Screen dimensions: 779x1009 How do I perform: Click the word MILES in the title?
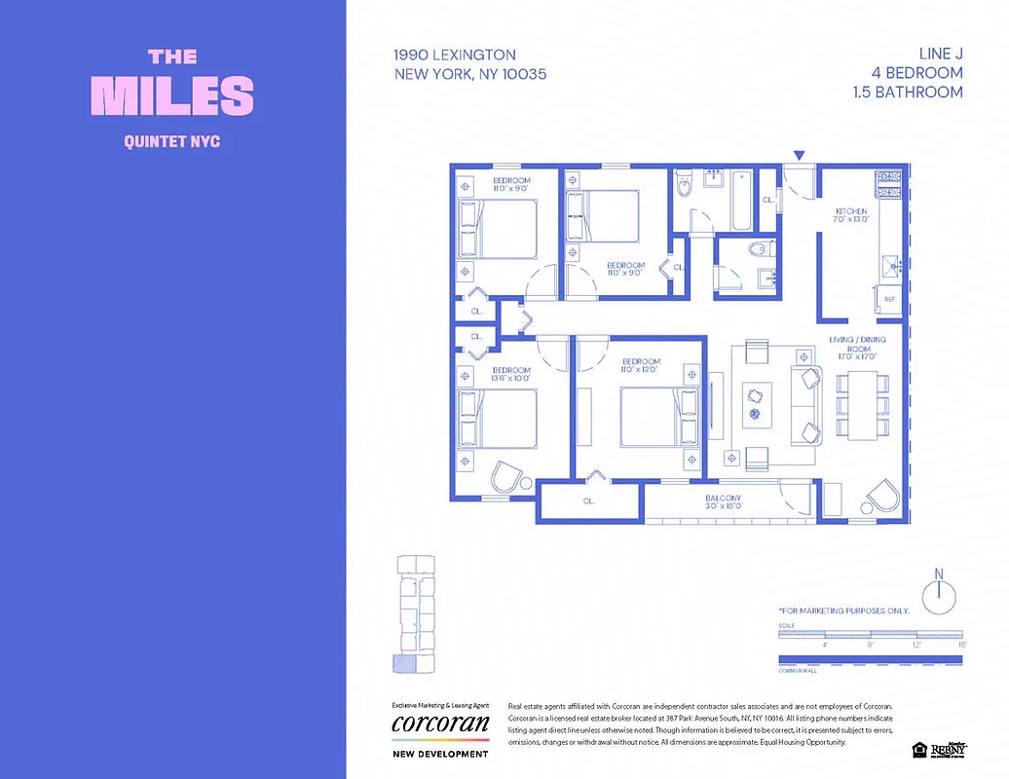[172, 94]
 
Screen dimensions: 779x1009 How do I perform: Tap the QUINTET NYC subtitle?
[172, 141]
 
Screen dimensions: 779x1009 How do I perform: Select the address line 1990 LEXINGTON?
[455, 56]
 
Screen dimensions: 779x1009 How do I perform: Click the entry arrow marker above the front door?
[800, 156]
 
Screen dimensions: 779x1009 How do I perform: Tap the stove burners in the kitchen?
[891, 181]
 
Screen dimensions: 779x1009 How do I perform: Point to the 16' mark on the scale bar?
[961, 645]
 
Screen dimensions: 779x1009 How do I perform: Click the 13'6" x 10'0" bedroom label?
[511, 376]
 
